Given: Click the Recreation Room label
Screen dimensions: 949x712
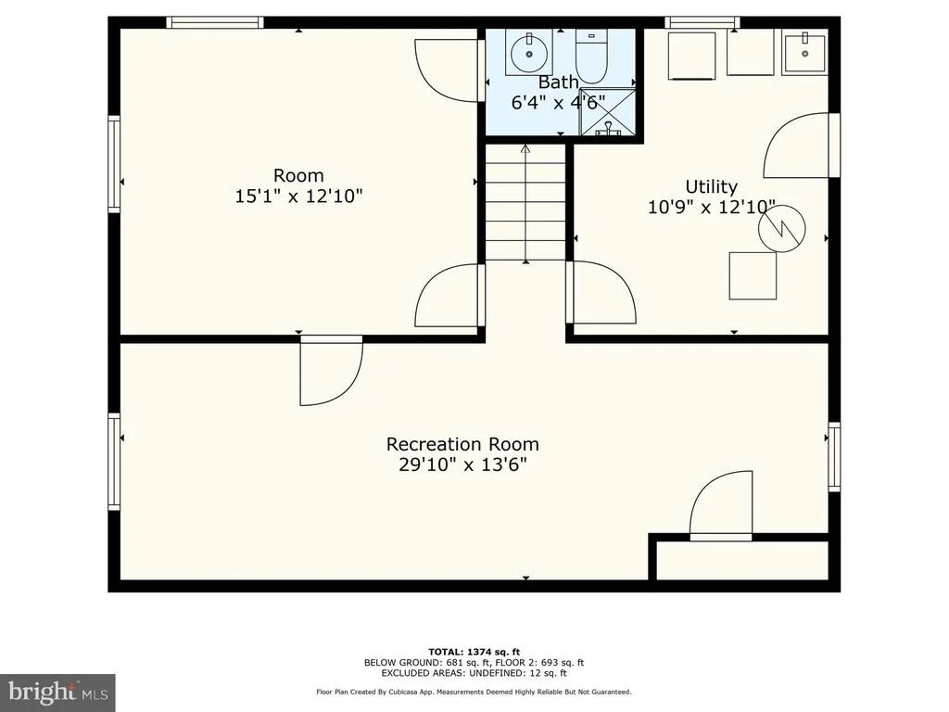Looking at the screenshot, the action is tap(462, 444).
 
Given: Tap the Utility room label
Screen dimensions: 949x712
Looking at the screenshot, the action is tap(711, 185).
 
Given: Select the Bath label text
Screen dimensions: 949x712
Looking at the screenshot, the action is tap(558, 82).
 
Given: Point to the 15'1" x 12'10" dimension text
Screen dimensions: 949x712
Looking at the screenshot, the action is tap(298, 197).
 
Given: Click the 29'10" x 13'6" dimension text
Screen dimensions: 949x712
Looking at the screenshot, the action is tap(462, 465).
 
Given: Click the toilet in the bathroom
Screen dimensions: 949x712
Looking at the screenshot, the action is tap(590, 57).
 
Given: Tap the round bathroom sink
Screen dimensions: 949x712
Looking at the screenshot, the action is tap(529, 53).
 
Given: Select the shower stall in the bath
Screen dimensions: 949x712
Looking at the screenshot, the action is tap(608, 112).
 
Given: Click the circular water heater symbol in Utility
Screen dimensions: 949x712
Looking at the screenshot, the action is tap(782, 229).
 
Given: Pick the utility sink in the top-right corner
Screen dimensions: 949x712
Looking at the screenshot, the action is tap(804, 54).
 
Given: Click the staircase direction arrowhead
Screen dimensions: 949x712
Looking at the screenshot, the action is tap(525, 148).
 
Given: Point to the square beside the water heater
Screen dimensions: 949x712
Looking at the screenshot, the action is tap(753, 275).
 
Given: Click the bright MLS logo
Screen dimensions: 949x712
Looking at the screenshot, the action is tap(57, 691).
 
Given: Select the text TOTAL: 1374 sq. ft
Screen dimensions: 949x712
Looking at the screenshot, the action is tap(474, 652).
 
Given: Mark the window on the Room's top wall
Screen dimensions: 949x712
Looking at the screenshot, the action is tap(215, 22).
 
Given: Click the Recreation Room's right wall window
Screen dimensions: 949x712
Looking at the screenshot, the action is tap(834, 457).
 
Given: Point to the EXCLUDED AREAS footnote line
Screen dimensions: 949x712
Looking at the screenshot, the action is tap(474, 673).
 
